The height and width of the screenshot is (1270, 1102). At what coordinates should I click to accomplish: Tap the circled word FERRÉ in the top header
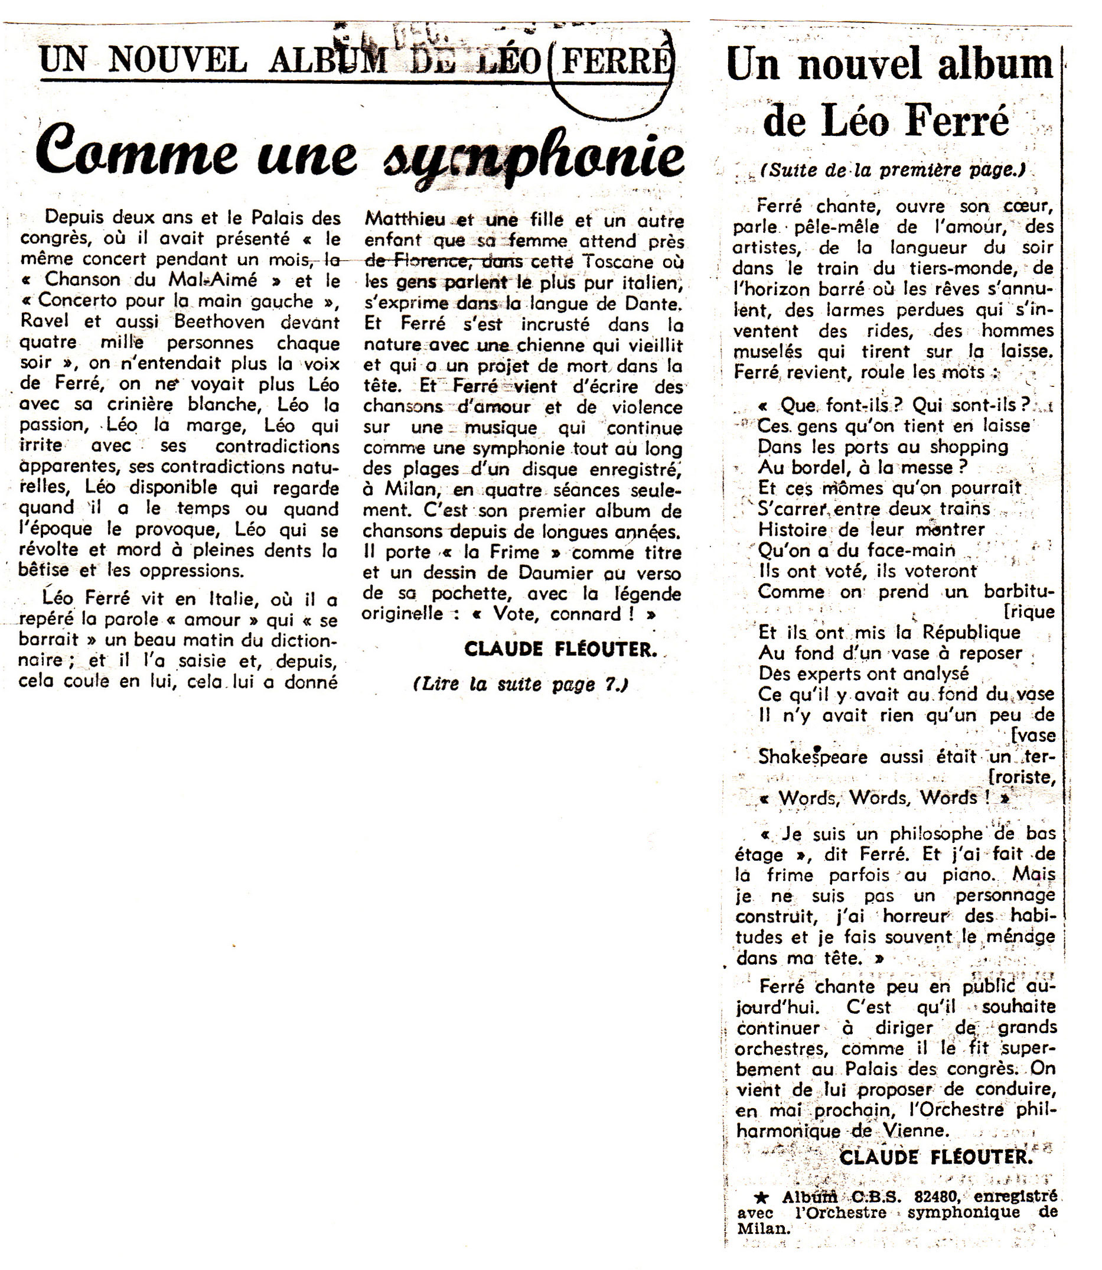pyautogui.click(x=612, y=63)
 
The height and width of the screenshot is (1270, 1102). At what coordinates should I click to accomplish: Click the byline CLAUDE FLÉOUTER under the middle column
pyautogui.click(x=560, y=649)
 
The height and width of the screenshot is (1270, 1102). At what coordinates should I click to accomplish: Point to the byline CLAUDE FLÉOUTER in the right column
pyautogui.click(x=935, y=1157)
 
